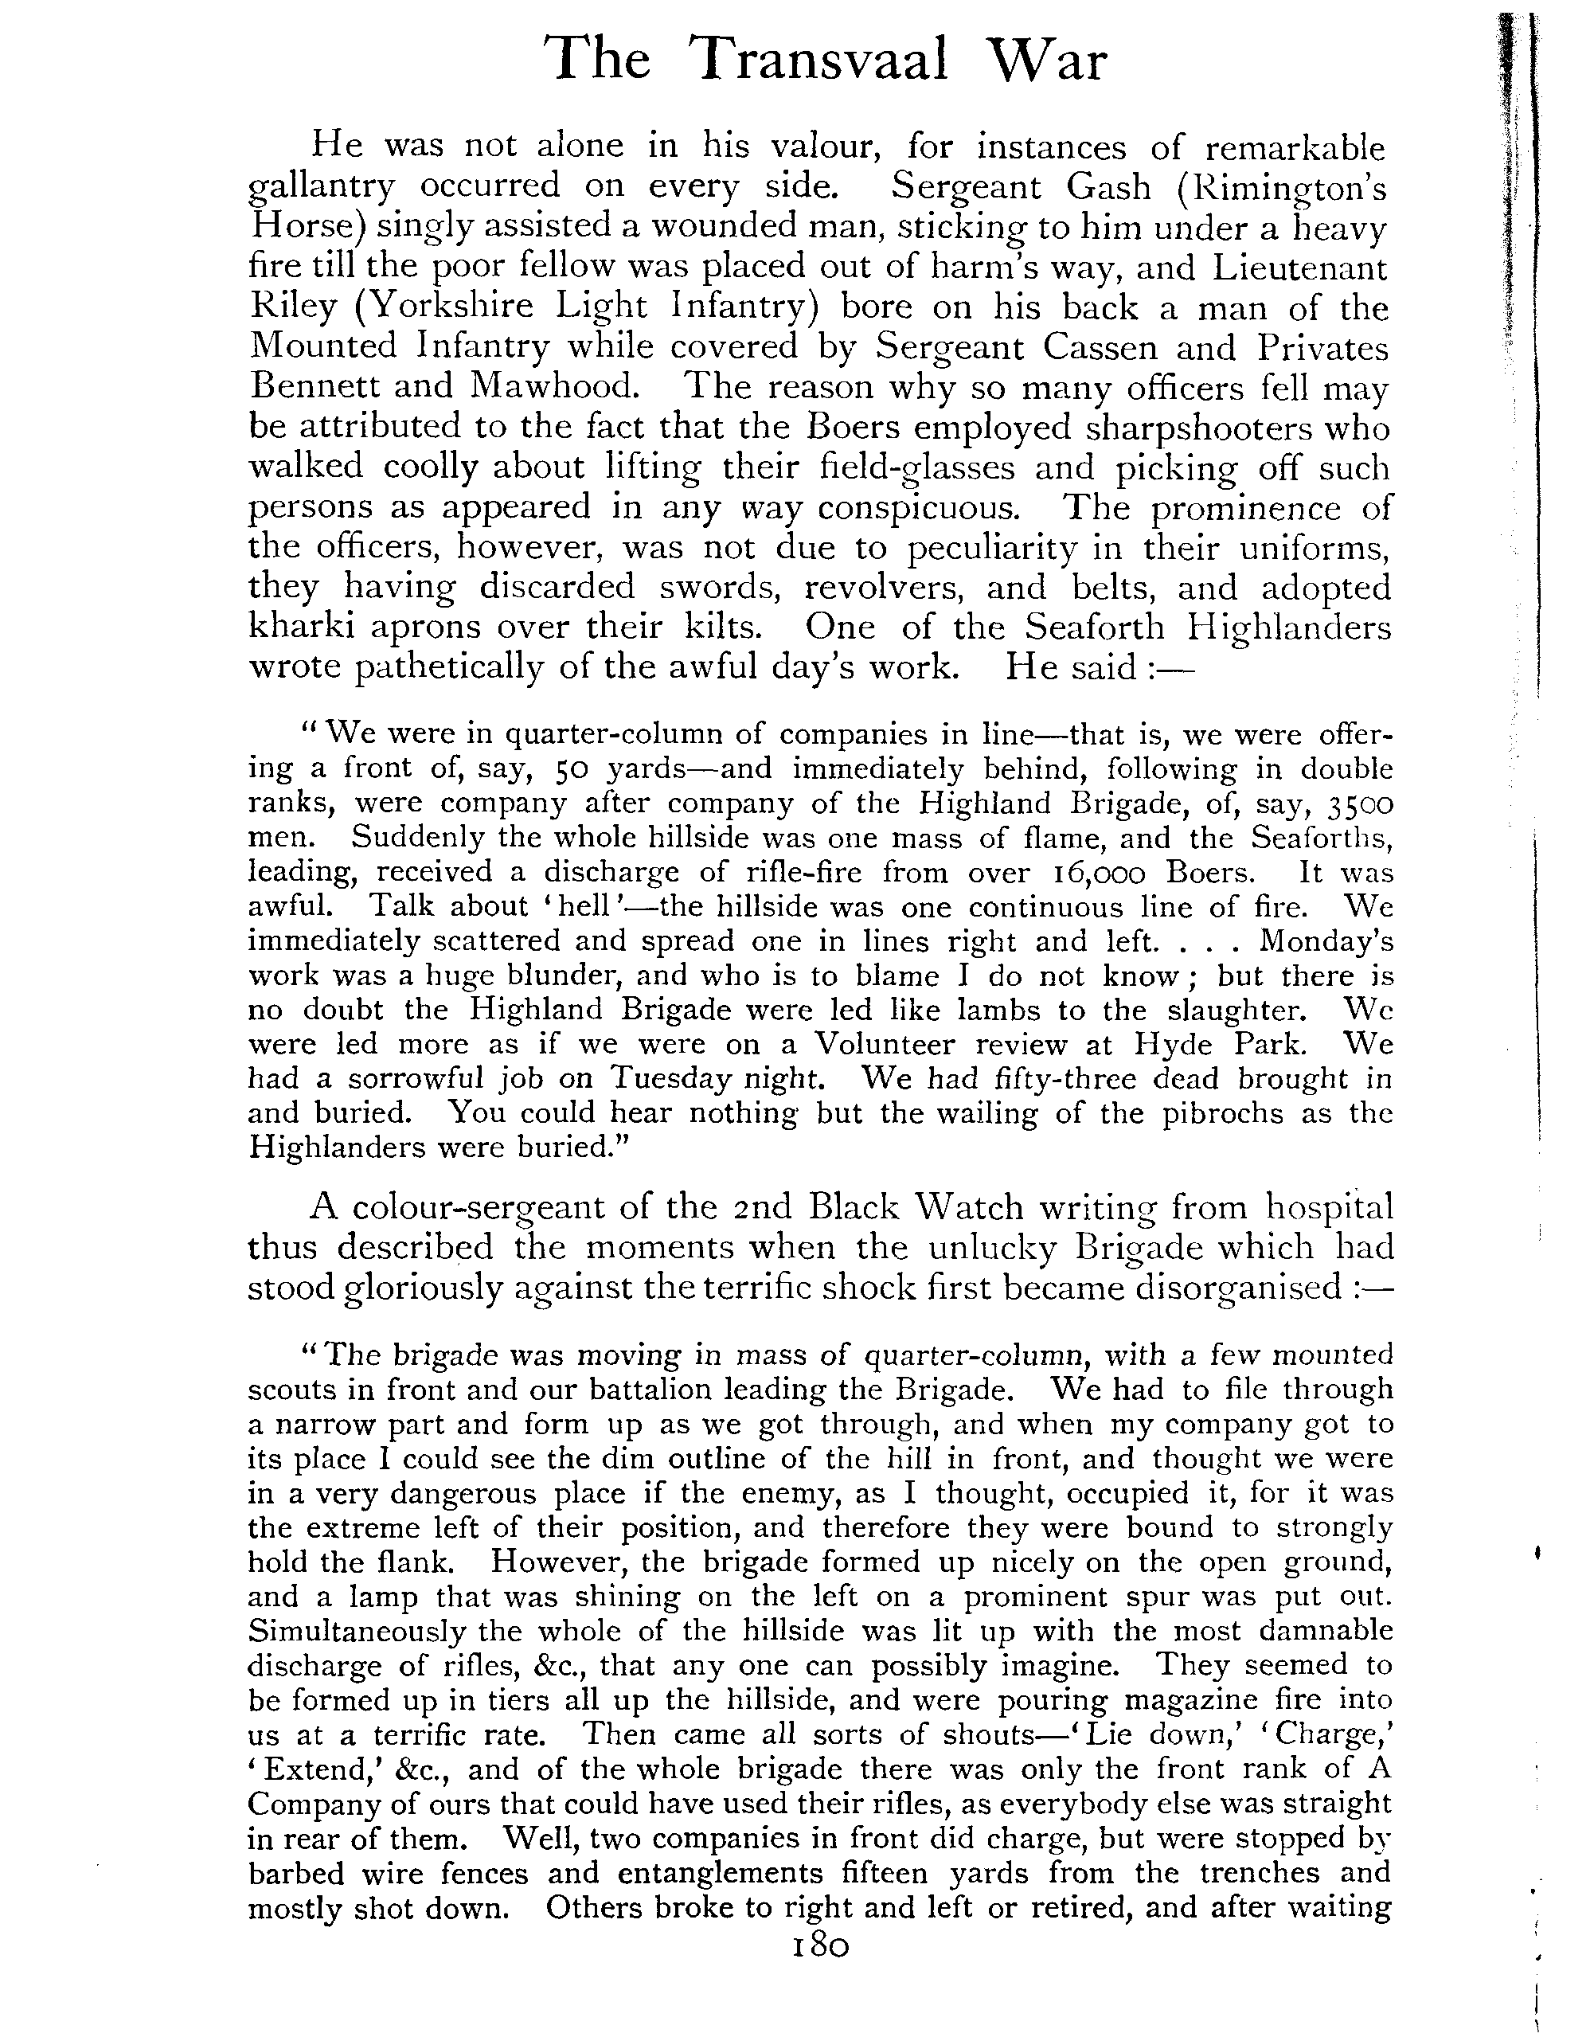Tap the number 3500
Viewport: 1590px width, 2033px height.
click(1360, 803)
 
